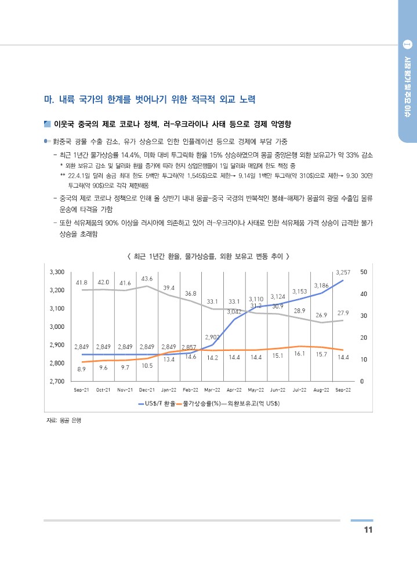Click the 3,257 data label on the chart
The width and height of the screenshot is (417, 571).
tap(343, 272)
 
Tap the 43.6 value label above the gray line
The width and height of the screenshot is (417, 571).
tap(147, 278)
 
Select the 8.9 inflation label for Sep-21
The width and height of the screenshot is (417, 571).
tap(82, 369)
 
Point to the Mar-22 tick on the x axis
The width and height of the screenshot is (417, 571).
tap(212, 390)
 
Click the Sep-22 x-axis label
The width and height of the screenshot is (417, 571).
tap(343, 390)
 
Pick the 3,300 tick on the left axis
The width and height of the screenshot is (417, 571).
tap(57, 272)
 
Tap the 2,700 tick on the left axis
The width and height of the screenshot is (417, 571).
tap(57, 382)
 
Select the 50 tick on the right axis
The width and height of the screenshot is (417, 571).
tap(363, 272)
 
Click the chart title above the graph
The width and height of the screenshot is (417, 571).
tap(208, 256)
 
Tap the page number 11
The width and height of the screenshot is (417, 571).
tap(367, 530)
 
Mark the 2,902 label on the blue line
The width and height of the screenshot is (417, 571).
tap(212, 336)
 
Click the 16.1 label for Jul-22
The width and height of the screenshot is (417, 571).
tap(300, 353)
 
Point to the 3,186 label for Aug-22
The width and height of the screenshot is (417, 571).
tap(321, 285)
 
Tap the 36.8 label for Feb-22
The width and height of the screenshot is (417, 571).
tap(190, 293)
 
